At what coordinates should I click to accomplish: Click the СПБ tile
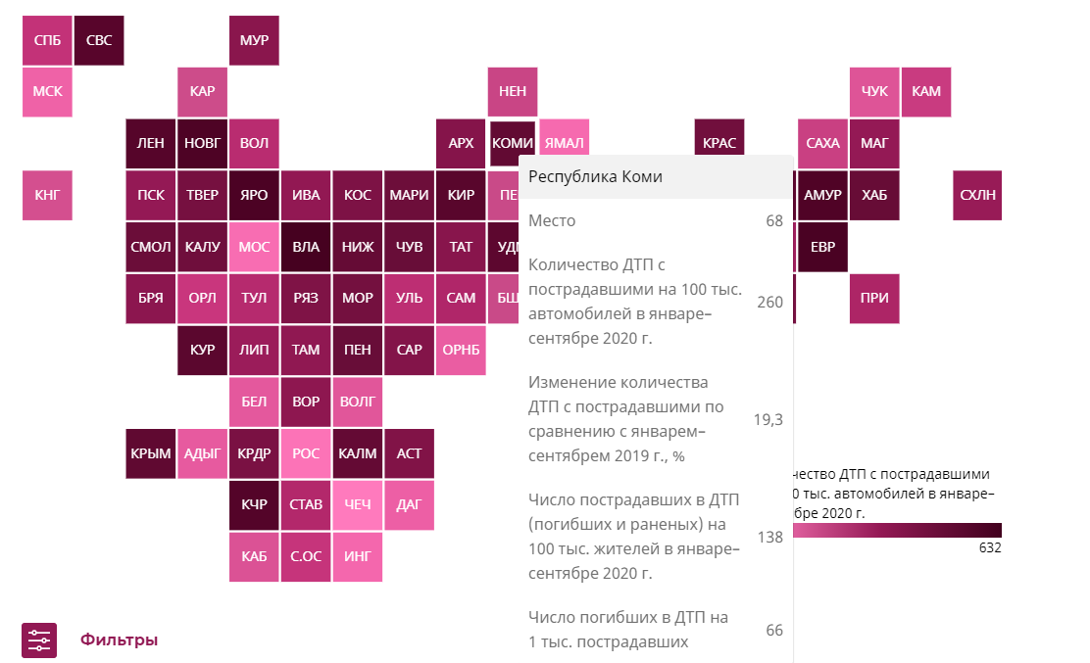47,40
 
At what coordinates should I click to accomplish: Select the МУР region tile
254,40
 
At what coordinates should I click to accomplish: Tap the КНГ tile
47,195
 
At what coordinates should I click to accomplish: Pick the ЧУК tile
874,91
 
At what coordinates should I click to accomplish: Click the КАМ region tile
925,91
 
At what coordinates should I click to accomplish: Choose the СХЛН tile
977,195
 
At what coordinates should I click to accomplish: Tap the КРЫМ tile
151,453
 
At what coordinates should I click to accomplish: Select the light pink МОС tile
254,247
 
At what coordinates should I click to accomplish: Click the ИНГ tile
358,557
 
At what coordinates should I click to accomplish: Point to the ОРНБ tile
461,350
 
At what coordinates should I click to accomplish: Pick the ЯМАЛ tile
564,143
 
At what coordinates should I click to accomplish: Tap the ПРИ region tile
874,299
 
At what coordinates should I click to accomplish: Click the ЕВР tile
822,247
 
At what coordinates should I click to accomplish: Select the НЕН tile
513,91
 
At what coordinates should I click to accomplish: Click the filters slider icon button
39,639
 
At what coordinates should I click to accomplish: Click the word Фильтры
119,639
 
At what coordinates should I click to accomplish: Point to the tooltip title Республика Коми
595,177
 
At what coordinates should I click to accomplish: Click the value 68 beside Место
774,221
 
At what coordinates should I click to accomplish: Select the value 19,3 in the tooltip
768,419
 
